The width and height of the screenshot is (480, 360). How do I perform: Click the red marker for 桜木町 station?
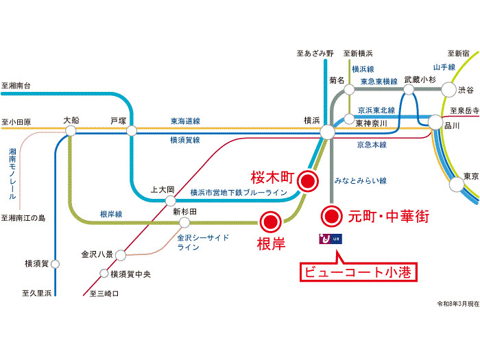(308, 181)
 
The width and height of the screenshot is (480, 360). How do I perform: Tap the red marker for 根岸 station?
(271, 221)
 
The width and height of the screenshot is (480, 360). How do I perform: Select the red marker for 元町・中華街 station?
(331, 217)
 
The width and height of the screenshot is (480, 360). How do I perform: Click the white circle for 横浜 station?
(327, 132)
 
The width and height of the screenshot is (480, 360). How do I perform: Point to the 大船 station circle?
(71, 131)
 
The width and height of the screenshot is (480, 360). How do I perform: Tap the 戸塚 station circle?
(132, 131)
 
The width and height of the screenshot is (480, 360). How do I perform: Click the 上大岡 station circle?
(171, 201)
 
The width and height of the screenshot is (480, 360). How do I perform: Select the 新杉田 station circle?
(184, 223)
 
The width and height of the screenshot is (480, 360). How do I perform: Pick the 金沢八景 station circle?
(121, 255)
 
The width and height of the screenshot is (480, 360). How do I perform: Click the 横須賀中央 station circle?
(104, 273)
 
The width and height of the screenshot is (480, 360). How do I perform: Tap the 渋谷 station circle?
(448, 90)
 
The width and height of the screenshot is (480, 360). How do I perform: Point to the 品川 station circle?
(435, 123)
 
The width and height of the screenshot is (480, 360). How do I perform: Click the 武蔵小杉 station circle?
(409, 90)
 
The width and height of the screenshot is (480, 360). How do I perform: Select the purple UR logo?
(331, 239)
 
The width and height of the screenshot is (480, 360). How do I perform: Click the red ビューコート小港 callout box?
(359, 272)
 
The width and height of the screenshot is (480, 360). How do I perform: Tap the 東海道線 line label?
(185, 121)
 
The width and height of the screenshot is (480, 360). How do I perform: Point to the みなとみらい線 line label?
(360, 180)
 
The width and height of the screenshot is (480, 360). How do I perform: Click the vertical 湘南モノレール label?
(12, 173)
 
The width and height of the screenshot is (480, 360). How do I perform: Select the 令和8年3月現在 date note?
(458, 304)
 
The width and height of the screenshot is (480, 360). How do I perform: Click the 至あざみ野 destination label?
(315, 53)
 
